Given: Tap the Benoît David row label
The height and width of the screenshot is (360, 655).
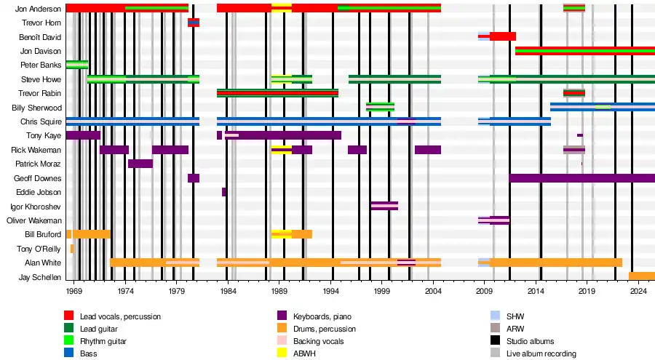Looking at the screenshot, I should [x=42, y=37].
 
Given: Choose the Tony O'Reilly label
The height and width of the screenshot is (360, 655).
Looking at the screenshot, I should [x=41, y=249].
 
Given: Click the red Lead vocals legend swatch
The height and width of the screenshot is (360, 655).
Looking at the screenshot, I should [x=69, y=316].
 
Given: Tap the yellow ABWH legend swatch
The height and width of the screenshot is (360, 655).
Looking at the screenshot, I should [x=282, y=353].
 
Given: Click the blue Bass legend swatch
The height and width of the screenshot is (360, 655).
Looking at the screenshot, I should [x=69, y=353].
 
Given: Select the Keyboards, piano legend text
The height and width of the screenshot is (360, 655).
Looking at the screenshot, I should [x=324, y=316].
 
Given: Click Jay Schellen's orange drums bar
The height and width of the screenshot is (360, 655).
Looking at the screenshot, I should [x=641, y=276].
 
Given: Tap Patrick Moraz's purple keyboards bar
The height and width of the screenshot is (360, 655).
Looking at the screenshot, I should [x=140, y=164].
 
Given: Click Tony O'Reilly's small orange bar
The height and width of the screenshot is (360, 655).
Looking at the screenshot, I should [x=72, y=249].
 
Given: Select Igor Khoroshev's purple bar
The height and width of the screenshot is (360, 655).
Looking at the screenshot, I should [x=384, y=206].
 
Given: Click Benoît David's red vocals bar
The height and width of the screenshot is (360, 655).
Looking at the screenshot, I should [x=502, y=36].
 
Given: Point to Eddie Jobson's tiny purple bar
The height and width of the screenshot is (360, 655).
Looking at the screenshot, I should [x=224, y=192].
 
